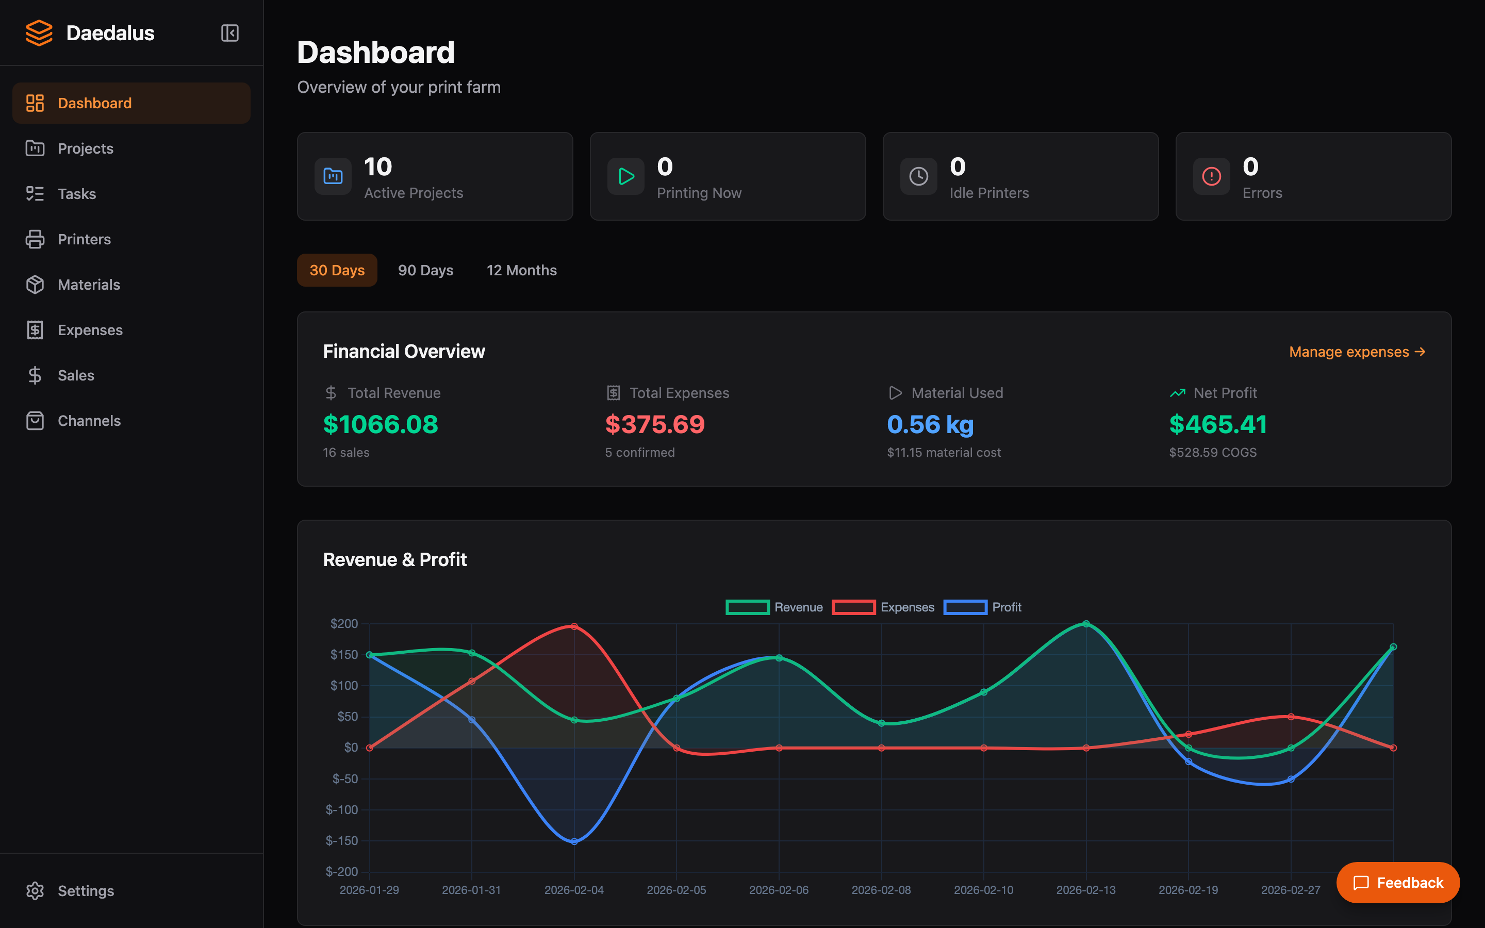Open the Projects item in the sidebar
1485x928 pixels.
click(x=85, y=148)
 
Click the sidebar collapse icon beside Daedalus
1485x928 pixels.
click(x=229, y=33)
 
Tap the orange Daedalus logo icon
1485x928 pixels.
click(x=39, y=33)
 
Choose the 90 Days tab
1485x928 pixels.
click(x=425, y=270)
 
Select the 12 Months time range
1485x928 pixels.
click(x=521, y=270)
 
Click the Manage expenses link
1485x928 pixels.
click(x=1357, y=352)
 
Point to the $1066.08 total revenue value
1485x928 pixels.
click(x=381, y=425)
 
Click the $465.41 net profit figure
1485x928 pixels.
click(x=1217, y=425)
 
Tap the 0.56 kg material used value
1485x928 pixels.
click(x=930, y=425)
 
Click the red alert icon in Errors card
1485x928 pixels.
click(x=1211, y=177)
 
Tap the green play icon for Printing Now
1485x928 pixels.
click(x=625, y=177)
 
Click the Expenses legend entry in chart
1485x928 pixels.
click(x=884, y=607)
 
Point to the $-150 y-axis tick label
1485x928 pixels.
click(x=342, y=841)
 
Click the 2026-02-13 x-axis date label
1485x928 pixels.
click(x=1085, y=890)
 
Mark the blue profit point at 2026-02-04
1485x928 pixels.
click(x=574, y=841)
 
